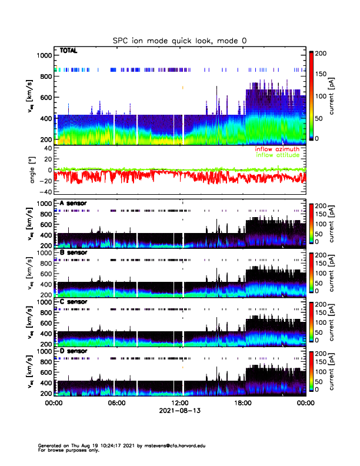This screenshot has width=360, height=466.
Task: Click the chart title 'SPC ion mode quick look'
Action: coord(179,41)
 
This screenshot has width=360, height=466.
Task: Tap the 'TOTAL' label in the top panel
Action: coord(69,51)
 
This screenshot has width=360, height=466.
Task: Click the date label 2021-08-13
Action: coord(179,411)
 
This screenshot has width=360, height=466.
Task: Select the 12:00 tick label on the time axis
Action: coord(179,403)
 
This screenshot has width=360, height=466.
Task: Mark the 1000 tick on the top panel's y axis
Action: coord(44,55)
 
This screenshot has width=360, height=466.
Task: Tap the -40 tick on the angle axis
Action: coord(45,192)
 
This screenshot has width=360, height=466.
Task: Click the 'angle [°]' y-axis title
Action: coord(34,170)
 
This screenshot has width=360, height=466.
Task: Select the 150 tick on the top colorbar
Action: coord(326,75)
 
